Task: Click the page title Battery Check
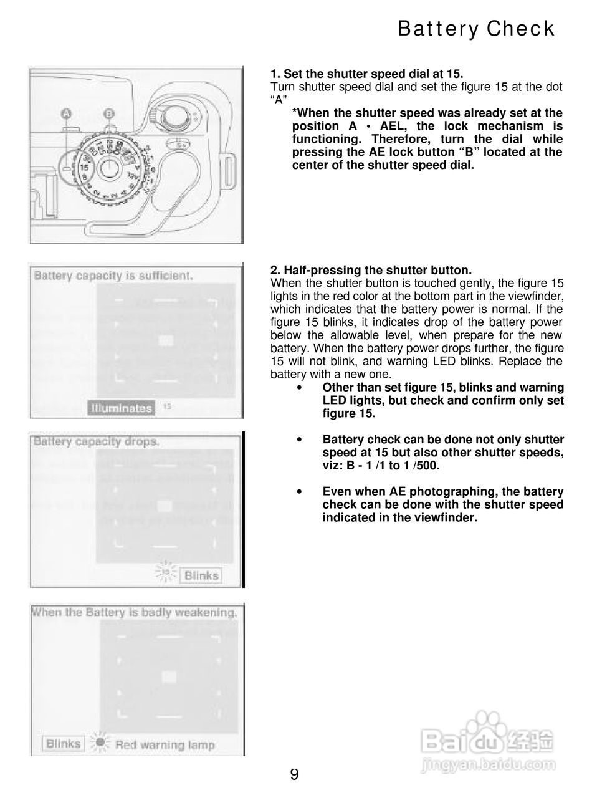(x=475, y=29)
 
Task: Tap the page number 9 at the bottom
(x=294, y=774)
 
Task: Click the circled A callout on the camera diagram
(x=67, y=113)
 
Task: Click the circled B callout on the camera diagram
(x=109, y=113)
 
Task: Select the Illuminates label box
(x=121, y=408)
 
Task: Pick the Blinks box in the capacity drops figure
(x=201, y=575)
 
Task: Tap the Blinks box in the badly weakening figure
(x=64, y=743)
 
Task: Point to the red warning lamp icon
(x=98, y=744)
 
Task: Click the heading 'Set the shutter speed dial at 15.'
(x=367, y=74)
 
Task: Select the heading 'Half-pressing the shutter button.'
(x=371, y=270)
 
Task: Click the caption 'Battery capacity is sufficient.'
(x=113, y=275)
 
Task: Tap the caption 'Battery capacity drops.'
(x=97, y=441)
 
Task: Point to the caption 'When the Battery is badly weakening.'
(x=134, y=612)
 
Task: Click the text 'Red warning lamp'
(x=165, y=744)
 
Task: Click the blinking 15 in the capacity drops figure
(x=166, y=572)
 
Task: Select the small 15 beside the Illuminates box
(x=167, y=406)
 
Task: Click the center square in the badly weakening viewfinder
(x=168, y=677)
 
